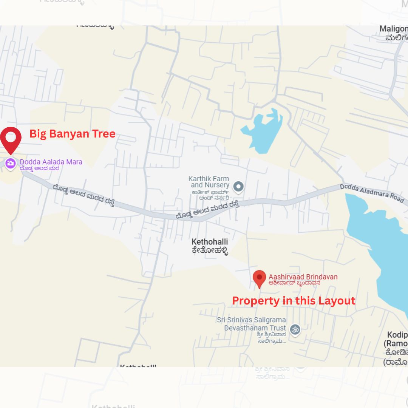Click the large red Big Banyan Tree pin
[11, 139]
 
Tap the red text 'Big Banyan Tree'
[72, 134]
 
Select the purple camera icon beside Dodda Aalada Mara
[10, 163]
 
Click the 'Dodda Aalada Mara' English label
[51, 162]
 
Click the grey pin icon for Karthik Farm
[238, 186]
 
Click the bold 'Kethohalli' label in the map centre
[210, 242]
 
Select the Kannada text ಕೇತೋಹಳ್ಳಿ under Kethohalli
[210, 250]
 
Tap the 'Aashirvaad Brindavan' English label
[303, 277]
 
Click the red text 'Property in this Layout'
[294, 301]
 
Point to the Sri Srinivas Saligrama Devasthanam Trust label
[251, 324]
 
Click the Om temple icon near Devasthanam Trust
[295, 329]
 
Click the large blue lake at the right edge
[382, 234]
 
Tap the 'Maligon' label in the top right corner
[393, 29]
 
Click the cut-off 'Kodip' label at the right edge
[397, 335]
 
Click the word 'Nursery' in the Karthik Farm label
[217, 185]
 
